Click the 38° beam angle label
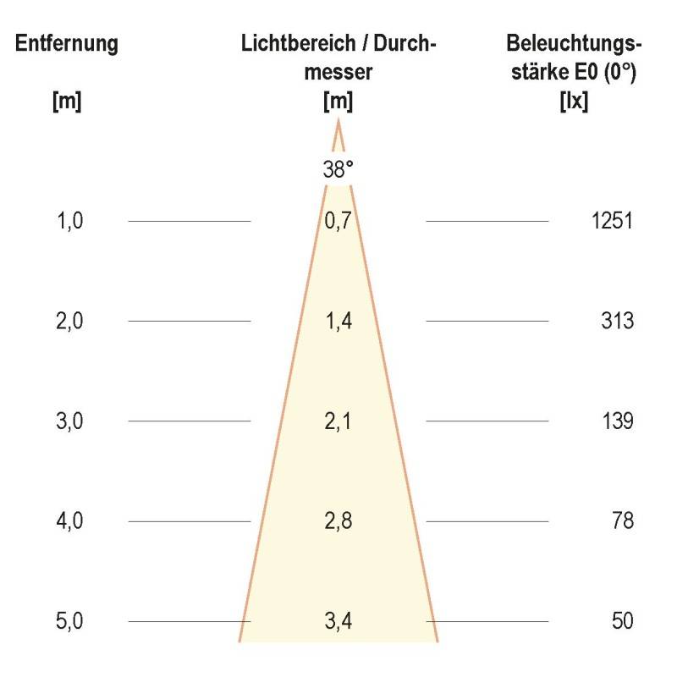click(x=338, y=169)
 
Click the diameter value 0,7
click(x=338, y=222)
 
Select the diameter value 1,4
click(x=338, y=322)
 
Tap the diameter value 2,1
click(x=338, y=421)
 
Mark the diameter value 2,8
click(x=338, y=521)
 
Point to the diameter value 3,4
click(x=338, y=621)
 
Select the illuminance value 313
click(x=618, y=322)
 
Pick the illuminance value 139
click(x=618, y=421)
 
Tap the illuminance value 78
click(x=623, y=521)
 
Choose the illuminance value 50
click(x=623, y=621)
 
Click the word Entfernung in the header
click(x=67, y=43)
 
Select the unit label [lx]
click(x=575, y=102)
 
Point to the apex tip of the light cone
click(x=338, y=122)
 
